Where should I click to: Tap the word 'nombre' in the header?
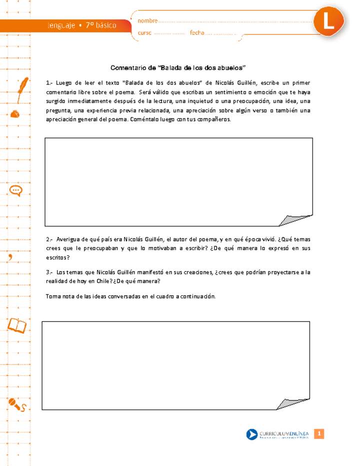147,21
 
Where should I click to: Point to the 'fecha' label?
197,33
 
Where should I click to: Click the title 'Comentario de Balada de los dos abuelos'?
178,67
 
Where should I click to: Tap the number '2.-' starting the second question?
49,239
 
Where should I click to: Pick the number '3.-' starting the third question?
49,272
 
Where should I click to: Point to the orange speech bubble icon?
16,190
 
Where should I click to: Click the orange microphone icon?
16,404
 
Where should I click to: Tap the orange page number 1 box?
319,434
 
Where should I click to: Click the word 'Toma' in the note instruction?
52,296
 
